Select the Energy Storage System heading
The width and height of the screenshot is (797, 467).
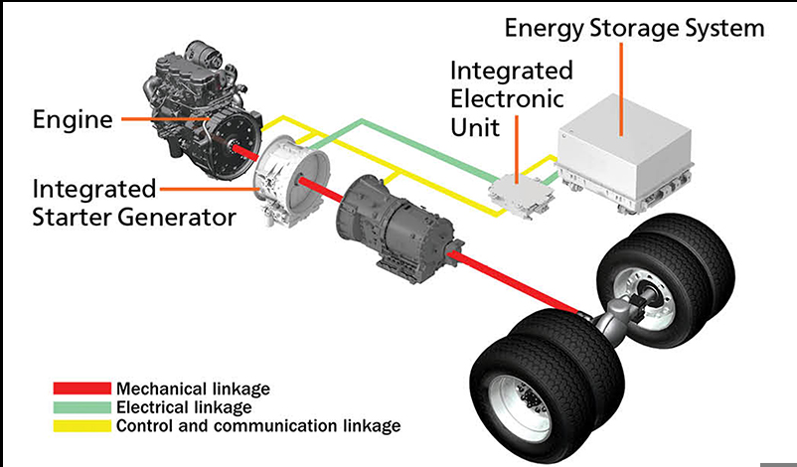point(634,27)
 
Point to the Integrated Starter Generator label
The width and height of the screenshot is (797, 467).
point(135,202)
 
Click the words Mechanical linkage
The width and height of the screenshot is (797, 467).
point(193,389)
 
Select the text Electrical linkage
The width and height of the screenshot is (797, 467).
point(185,407)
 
